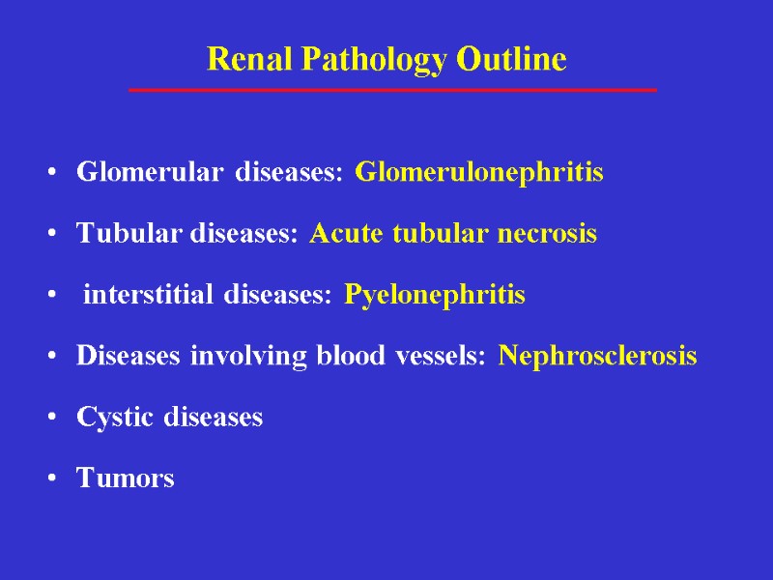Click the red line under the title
coord(392,90)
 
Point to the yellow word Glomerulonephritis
coord(479,173)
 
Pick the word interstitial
coord(150,295)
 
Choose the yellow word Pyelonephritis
coord(435,295)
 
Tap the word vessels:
coord(444,356)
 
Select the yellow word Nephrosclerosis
coord(598,356)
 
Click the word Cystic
coord(114,418)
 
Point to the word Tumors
coord(126,478)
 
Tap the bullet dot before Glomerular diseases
coord(51,174)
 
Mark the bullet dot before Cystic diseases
coord(51,419)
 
